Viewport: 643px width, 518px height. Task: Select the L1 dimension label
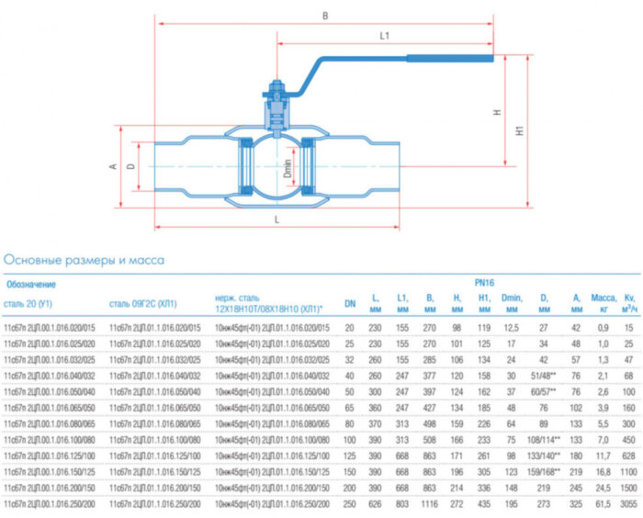click(386, 36)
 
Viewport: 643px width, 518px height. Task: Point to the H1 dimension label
click(519, 131)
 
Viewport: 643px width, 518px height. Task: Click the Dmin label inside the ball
click(287, 169)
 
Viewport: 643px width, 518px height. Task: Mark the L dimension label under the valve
click(276, 220)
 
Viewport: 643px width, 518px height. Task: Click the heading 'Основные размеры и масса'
click(85, 260)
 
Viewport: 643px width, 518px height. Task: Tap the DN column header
click(350, 303)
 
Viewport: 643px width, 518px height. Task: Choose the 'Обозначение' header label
click(31, 284)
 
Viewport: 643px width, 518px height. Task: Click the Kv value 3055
click(627, 506)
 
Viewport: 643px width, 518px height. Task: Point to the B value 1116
click(429, 506)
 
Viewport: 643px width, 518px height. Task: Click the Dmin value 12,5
click(512, 327)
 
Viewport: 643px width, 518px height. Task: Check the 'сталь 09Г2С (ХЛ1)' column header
click(142, 303)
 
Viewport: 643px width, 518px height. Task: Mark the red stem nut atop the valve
click(273, 91)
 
